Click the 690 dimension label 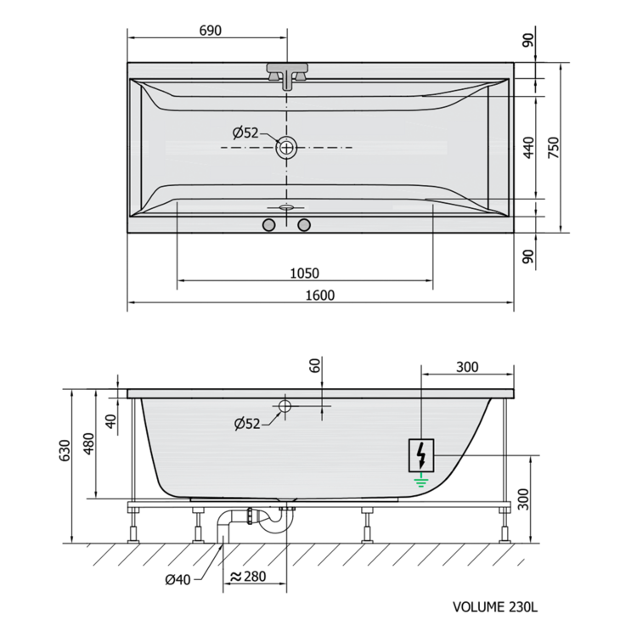point(211,31)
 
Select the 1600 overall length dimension point(319,296)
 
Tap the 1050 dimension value point(304,273)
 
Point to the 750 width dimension point(553,148)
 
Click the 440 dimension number point(528,148)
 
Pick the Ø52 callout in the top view point(245,132)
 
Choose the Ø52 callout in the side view point(247,424)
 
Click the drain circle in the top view point(287,147)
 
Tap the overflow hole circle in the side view point(285,405)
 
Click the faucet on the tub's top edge point(287,76)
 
